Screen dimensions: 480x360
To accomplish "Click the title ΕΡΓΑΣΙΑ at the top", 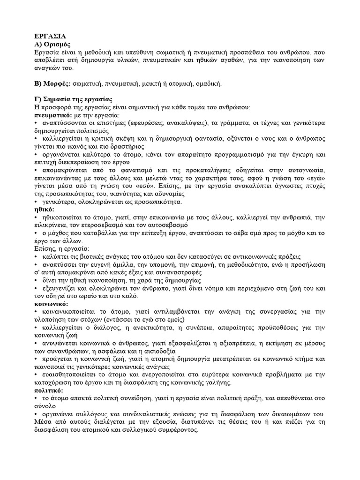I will pos(50,36).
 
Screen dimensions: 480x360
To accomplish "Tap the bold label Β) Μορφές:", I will pos(52,84).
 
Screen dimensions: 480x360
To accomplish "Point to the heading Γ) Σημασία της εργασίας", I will pos(73,100).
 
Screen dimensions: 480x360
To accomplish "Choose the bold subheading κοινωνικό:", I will pos(52,304).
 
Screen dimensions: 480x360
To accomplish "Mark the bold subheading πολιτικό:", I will pos(49,390).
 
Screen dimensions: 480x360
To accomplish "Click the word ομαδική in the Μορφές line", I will pos(206,84).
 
